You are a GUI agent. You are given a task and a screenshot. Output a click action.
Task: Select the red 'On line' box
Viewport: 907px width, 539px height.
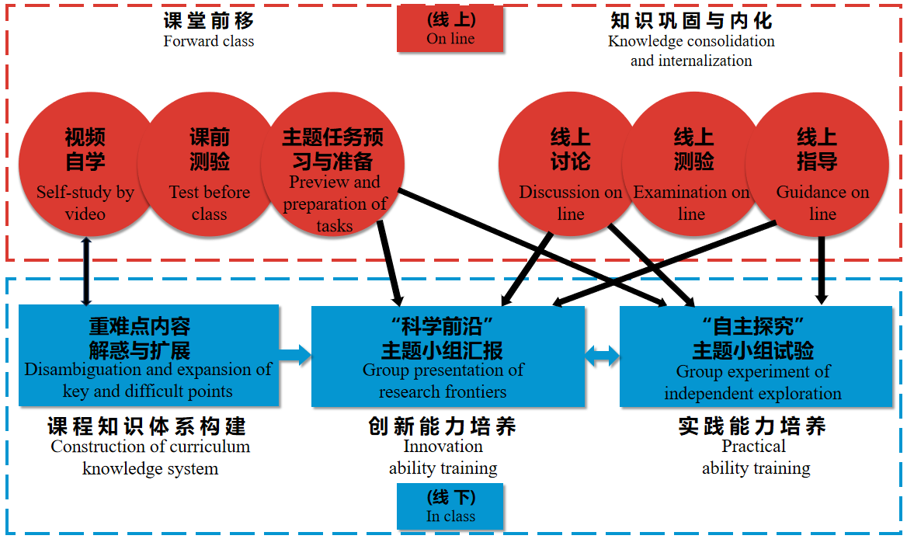[x=450, y=30]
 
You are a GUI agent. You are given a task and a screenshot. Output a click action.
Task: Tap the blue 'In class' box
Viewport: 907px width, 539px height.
[x=450, y=506]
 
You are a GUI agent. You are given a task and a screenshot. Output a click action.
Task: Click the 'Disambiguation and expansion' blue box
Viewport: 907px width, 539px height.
[x=148, y=355]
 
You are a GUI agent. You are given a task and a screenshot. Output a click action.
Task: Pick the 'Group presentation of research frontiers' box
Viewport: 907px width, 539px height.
[x=447, y=355]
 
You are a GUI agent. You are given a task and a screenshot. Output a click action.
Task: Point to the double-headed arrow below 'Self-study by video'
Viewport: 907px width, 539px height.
[x=85, y=271]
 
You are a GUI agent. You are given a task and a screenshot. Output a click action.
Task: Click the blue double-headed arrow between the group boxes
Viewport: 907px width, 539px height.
[x=602, y=356]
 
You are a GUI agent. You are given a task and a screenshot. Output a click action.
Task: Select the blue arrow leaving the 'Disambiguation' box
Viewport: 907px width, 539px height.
[x=295, y=356]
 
